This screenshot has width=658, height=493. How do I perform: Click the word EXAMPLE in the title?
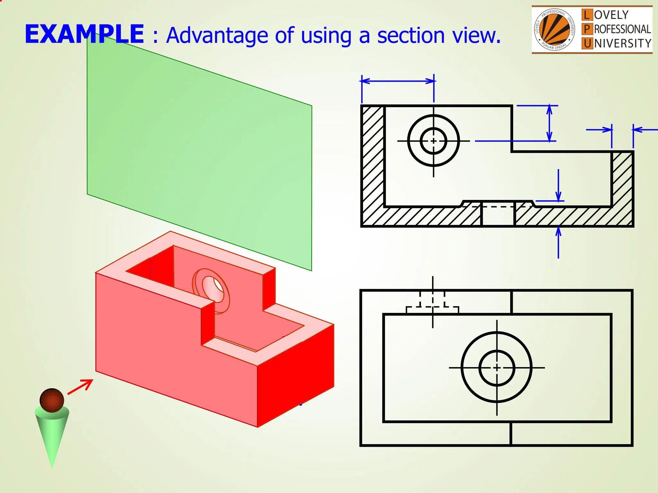(x=84, y=34)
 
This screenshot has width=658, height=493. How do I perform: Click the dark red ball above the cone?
(x=52, y=400)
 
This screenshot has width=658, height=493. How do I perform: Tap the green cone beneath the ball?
(x=52, y=437)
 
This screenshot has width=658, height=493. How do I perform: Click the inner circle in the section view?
(x=433, y=141)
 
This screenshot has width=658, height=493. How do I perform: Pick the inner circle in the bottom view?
(x=497, y=368)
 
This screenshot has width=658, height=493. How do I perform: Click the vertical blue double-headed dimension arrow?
(x=549, y=123)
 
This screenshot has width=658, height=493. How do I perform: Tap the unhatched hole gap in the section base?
(x=498, y=215)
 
